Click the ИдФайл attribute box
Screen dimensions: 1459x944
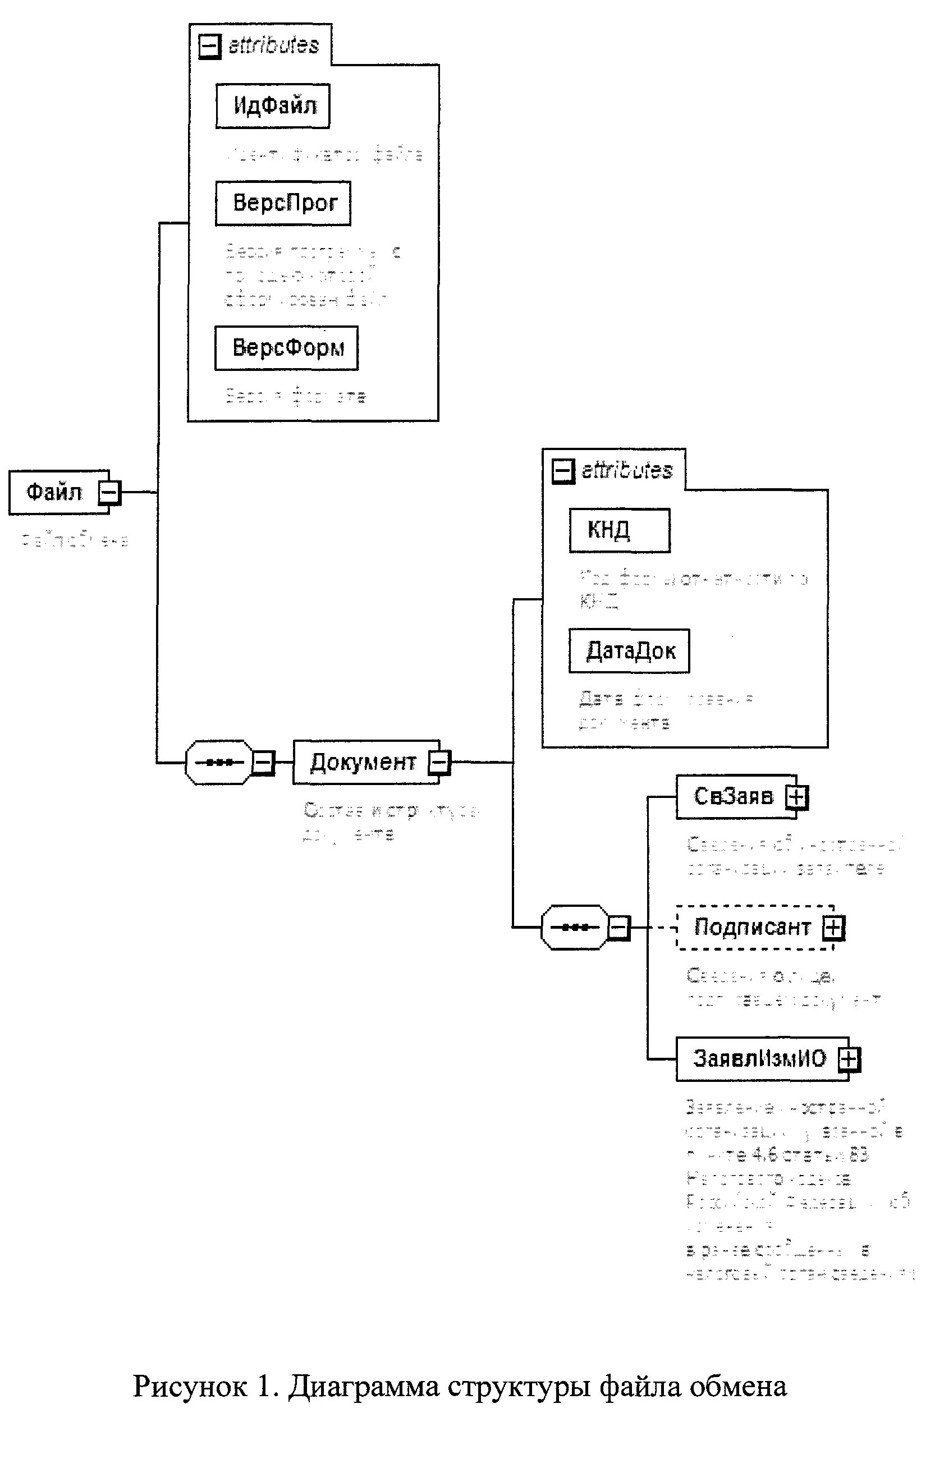point(273,106)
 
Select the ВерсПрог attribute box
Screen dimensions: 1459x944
point(283,203)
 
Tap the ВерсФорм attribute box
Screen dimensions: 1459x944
point(286,348)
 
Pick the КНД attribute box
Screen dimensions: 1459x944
point(619,530)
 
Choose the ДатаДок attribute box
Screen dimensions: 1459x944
point(629,651)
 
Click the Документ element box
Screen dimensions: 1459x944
point(363,762)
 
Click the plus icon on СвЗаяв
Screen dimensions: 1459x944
point(797,797)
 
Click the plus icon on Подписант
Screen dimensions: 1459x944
point(832,928)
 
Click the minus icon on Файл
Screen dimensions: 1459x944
point(109,492)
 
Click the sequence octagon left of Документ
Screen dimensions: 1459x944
point(219,762)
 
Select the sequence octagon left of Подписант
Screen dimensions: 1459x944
point(574,928)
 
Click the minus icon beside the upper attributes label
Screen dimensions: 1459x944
point(209,45)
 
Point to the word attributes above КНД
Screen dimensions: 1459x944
point(626,471)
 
